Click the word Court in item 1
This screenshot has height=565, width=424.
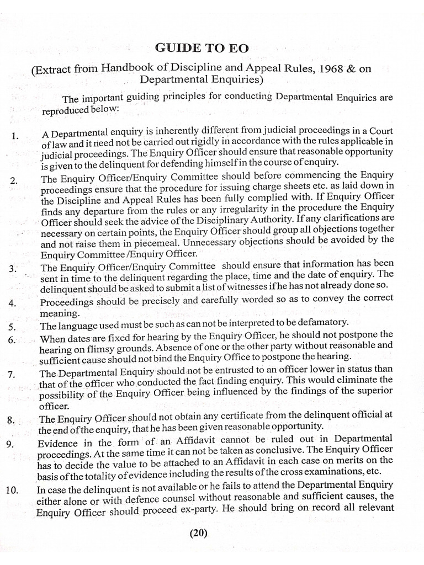pyautogui.click(x=379, y=130)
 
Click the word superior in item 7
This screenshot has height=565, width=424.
pyautogui.click(x=376, y=391)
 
